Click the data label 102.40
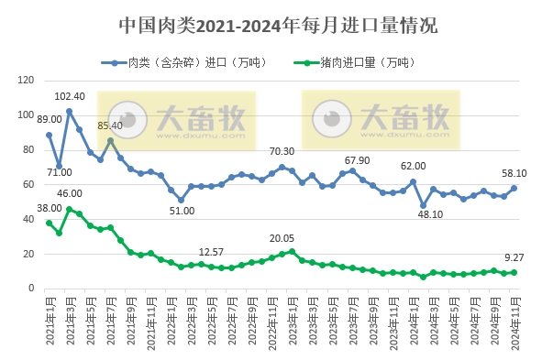click(70, 96)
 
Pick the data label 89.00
click(49, 119)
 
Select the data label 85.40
click(111, 125)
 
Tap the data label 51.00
click(182, 212)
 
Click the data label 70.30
click(282, 152)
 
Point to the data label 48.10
click(428, 214)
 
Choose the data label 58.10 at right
click(513, 172)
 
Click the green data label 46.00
click(70, 193)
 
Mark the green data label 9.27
click(513, 259)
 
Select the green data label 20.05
click(282, 238)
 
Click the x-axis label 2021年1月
click(49, 322)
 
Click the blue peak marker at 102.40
click(69, 111)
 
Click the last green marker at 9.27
click(514, 272)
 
